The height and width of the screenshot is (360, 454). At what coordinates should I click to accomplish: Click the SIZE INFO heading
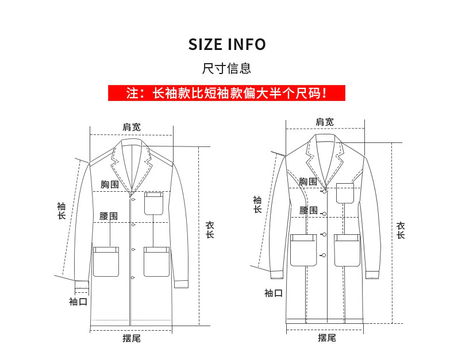click(227, 44)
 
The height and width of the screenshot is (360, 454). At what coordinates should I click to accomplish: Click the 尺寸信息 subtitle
click(227, 69)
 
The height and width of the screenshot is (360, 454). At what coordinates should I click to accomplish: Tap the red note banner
click(226, 92)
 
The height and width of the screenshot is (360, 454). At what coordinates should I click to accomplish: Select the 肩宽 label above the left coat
click(131, 127)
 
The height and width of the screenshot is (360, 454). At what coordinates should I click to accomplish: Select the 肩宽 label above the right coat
click(325, 122)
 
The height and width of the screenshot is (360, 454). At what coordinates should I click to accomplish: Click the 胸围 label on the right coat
click(308, 181)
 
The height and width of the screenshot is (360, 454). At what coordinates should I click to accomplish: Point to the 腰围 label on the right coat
click(308, 210)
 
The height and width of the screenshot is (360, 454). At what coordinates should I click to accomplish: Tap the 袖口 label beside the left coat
click(78, 301)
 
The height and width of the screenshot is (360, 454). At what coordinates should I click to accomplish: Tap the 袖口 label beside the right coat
click(274, 293)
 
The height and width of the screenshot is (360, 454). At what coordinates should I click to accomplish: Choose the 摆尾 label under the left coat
click(131, 338)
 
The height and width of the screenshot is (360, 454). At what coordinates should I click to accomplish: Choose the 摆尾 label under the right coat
click(326, 338)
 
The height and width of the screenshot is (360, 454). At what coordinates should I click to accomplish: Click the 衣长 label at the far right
click(401, 230)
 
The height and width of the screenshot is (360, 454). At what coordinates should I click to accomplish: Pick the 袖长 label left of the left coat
click(61, 211)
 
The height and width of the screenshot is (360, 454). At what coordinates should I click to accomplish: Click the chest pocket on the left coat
click(154, 203)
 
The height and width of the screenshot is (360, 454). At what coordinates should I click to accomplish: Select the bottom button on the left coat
click(133, 278)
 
